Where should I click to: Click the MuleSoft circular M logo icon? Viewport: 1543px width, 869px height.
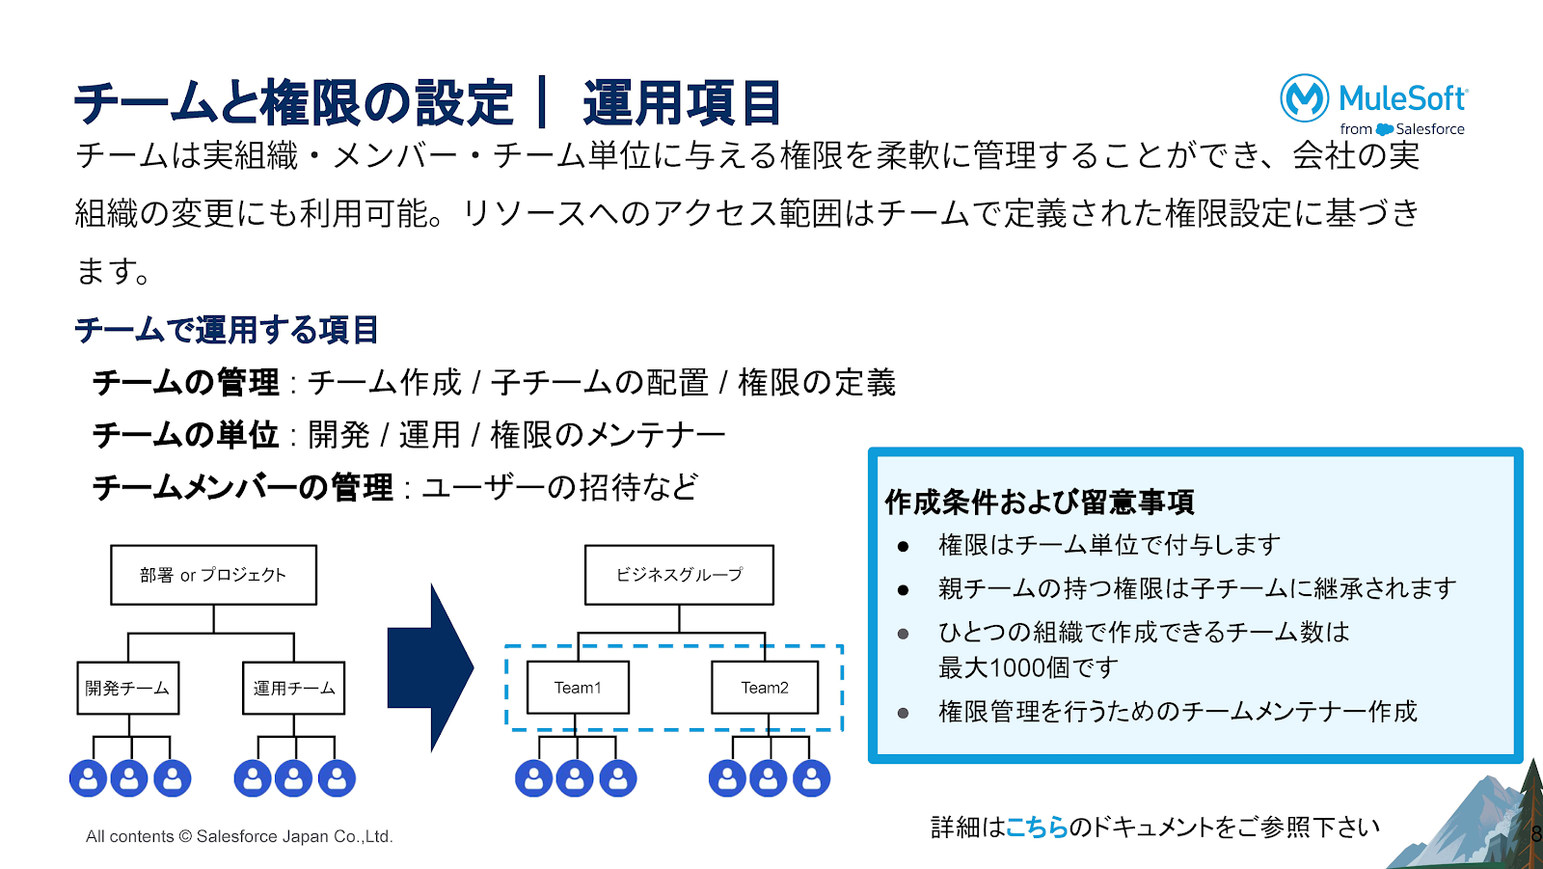tap(1305, 98)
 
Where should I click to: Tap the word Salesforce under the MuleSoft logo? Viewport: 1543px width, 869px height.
tap(1430, 129)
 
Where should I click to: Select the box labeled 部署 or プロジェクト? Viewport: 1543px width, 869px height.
tap(213, 575)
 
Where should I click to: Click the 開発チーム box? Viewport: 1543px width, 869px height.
tap(127, 688)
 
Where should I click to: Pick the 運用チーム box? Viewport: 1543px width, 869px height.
tap(293, 688)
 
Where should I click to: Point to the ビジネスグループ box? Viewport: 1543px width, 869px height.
tap(679, 575)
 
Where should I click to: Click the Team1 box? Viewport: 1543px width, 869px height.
tap(578, 688)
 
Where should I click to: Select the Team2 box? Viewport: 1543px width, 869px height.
tap(765, 688)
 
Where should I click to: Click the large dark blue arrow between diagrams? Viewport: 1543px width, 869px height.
tap(430, 667)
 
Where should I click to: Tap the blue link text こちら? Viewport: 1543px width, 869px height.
tap(1037, 828)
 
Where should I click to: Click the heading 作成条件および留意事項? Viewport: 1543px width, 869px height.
tap(1040, 502)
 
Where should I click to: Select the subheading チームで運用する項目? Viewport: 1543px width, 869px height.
tap(227, 330)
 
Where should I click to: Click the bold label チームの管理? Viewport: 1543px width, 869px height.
tap(186, 383)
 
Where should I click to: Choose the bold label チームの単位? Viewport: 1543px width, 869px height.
tap(186, 435)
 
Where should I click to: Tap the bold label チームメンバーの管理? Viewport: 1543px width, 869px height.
tap(243, 487)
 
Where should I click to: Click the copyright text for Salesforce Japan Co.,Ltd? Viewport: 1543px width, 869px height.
tap(239, 836)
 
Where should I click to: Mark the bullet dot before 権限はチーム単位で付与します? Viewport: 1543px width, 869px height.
tap(903, 547)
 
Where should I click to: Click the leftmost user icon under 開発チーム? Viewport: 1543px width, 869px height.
tap(88, 778)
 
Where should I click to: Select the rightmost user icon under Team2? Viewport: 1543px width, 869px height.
tap(811, 778)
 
